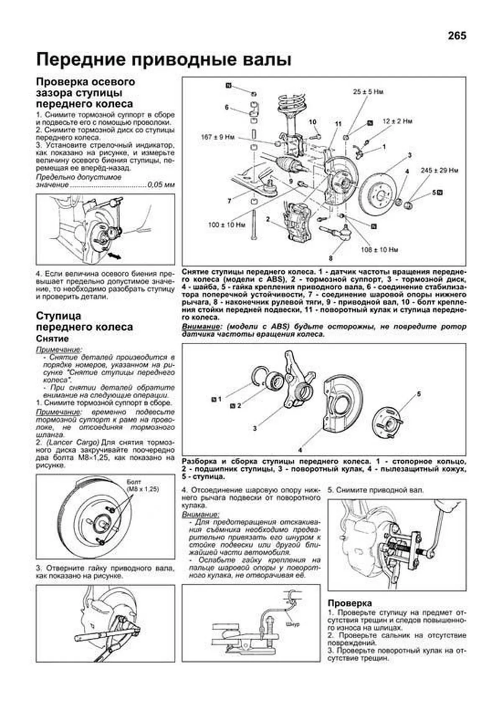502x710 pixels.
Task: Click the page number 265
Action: pyautogui.click(x=456, y=36)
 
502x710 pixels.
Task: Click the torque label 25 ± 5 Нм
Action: pyautogui.click(x=368, y=92)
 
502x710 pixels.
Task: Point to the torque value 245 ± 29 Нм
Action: pyautogui.click(x=439, y=171)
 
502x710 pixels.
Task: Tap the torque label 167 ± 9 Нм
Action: pyautogui.click(x=218, y=137)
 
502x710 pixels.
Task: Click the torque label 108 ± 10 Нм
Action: pyautogui.click(x=379, y=250)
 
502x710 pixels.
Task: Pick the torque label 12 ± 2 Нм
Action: pyautogui.click(x=397, y=121)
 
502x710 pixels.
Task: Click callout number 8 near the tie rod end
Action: pyautogui.click(x=330, y=258)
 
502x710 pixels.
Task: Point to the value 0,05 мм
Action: pyautogui.click(x=161, y=185)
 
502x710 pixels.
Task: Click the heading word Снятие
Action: pyautogui.click(x=52, y=338)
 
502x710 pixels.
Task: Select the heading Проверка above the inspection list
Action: pyautogui.click(x=350, y=603)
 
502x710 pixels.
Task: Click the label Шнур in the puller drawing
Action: pyautogui.click(x=293, y=624)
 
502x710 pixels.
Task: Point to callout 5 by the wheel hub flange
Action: pyautogui.click(x=419, y=394)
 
